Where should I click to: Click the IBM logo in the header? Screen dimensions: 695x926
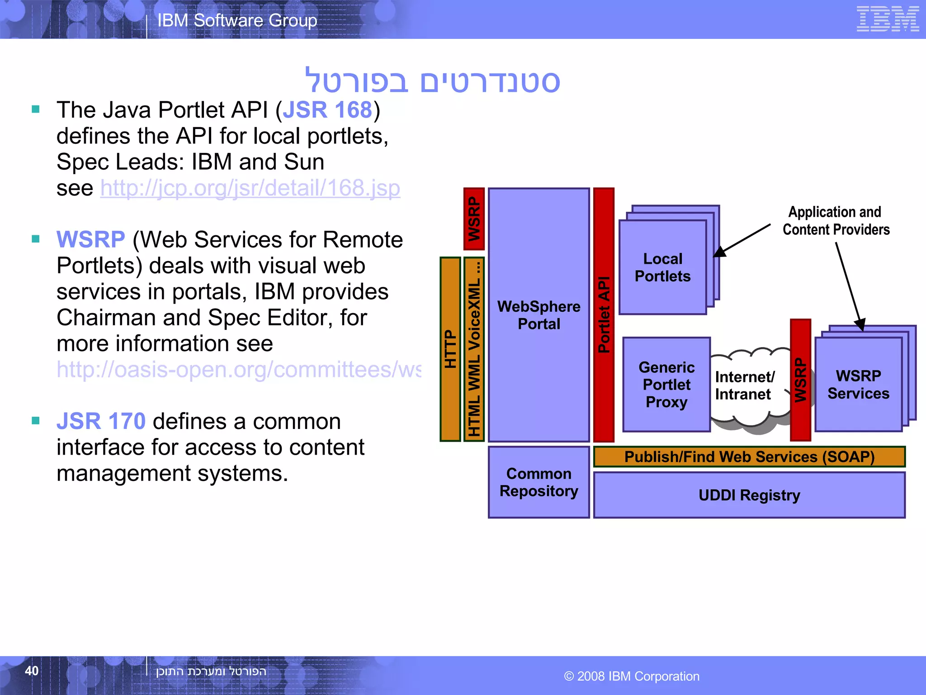pyautogui.click(x=887, y=19)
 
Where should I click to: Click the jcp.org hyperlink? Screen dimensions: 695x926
pyautogui.click(x=250, y=188)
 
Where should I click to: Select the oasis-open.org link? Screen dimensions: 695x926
pyautogui.click(x=238, y=370)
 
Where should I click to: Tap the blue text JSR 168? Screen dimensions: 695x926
pyautogui.click(x=327, y=110)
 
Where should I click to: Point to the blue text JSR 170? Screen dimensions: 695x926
pyautogui.click(x=101, y=421)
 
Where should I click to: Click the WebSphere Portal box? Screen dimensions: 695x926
pyautogui.click(x=539, y=315)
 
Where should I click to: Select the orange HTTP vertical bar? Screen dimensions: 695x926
pyautogui.click(x=450, y=349)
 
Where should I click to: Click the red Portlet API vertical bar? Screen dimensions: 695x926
pyautogui.click(x=604, y=315)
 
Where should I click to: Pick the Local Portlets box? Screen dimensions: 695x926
pyautogui.click(x=662, y=267)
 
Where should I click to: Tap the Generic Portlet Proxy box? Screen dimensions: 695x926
pyautogui.click(x=666, y=385)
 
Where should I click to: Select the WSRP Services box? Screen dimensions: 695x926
pyautogui.click(x=858, y=385)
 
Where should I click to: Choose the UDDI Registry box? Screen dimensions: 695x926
pyautogui.click(x=749, y=495)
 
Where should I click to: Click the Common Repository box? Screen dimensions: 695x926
pyautogui.click(x=539, y=482)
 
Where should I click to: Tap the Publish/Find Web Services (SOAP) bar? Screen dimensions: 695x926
pyautogui.click(x=749, y=457)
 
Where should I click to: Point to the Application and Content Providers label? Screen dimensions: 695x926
pyautogui.click(x=836, y=221)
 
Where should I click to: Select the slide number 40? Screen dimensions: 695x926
pyautogui.click(x=32, y=671)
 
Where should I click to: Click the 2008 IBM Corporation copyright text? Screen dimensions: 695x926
pyautogui.click(x=632, y=676)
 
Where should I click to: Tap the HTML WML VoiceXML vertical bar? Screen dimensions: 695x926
pyautogui.click(x=474, y=349)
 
